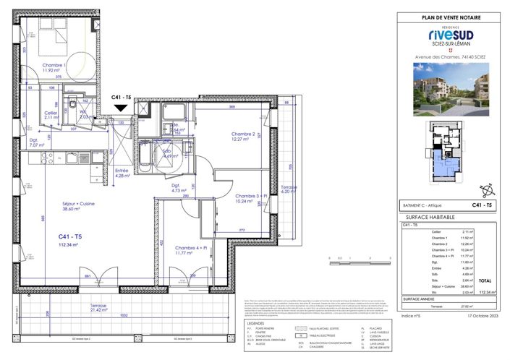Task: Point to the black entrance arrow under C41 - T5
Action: point(122,108)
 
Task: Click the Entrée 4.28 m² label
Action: point(122,172)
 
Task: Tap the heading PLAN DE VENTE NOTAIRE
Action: point(450,17)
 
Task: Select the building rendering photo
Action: point(450,89)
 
